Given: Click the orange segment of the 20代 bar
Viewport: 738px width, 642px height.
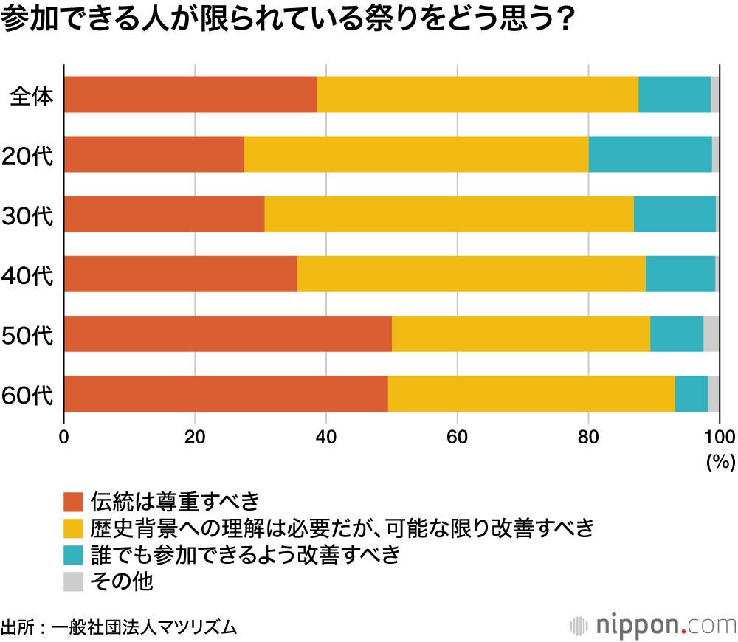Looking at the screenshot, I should (x=154, y=154).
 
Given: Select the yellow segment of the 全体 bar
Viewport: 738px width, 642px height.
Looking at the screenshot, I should (x=477, y=94).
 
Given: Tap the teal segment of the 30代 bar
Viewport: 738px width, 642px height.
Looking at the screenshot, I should (x=675, y=214).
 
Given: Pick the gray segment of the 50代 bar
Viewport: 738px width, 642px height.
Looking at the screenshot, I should (x=711, y=334).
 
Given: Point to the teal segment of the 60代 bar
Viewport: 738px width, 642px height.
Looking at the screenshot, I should (x=692, y=393).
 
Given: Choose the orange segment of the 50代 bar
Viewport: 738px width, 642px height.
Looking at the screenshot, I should (x=227, y=334).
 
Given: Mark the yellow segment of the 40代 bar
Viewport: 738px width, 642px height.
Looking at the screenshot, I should (x=471, y=274).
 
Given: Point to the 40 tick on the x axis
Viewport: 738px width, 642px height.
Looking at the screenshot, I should (x=325, y=436).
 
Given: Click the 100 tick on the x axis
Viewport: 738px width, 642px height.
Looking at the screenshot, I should (x=720, y=436).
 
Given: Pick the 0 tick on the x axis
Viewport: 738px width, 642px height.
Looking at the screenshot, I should (x=64, y=436).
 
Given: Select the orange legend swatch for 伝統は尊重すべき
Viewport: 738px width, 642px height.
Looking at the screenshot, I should (x=74, y=502).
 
